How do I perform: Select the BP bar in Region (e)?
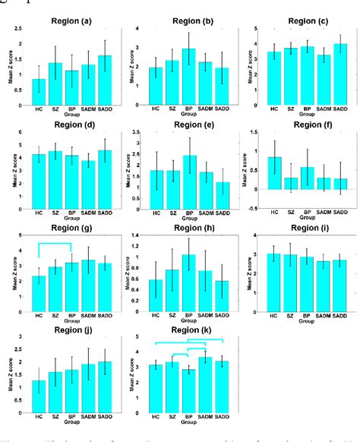pyautogui.click(x=188, y=183)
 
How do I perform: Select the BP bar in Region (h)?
pyautogui.click(x=188, y=286)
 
